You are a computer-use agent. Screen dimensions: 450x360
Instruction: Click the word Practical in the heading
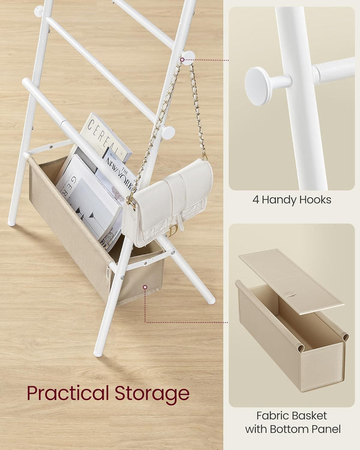click(x=68, y=394)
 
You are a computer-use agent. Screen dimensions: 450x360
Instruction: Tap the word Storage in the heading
click(x=152, y=394)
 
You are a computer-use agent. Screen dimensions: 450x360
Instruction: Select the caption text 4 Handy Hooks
click(x=292, y=200)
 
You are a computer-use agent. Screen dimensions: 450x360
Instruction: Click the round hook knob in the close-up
click(x=260, y=86)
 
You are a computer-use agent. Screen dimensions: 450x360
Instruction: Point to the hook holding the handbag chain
click(x=188, y=58)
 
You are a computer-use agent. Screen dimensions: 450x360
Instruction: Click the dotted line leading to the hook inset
click(x=213, y=59)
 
